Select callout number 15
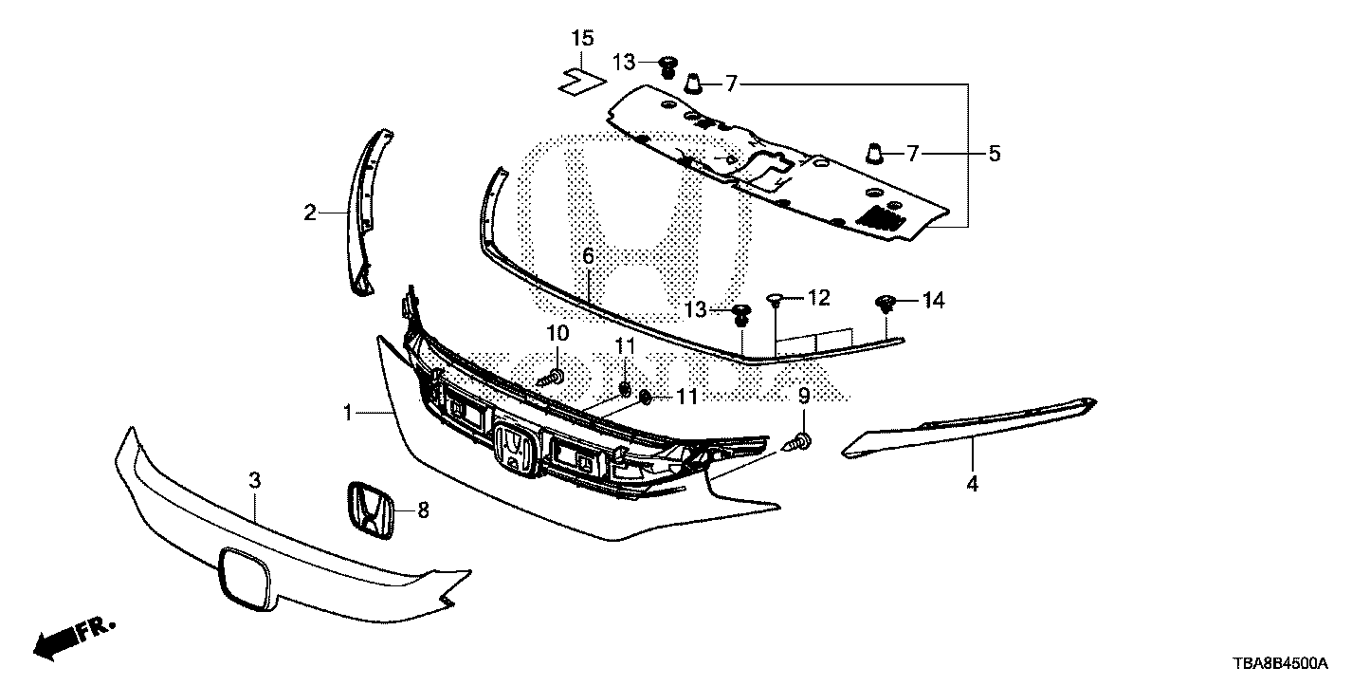[x=582, y=38]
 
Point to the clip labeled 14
[x=885, y=303]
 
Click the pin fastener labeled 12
[x=775, y=299]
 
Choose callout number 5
[x=995, y=153]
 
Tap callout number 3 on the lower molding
[x=254, y=480]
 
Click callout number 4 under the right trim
[x=972, y=484]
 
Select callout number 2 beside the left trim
[x=310, y=213]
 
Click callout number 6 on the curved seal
[x=588, y=256]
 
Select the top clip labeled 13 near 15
[x=667, y=65]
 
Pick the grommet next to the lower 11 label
[x=645, y=398]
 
